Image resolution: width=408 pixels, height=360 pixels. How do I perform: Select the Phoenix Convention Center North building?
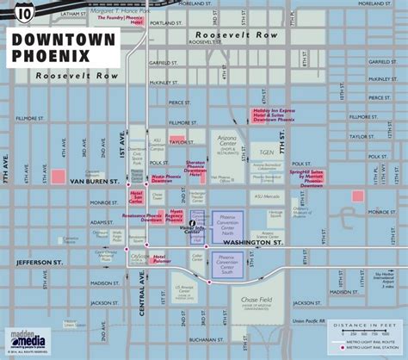(x=228, y=220)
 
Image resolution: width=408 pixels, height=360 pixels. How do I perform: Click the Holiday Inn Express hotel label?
(x=273, y=114)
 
